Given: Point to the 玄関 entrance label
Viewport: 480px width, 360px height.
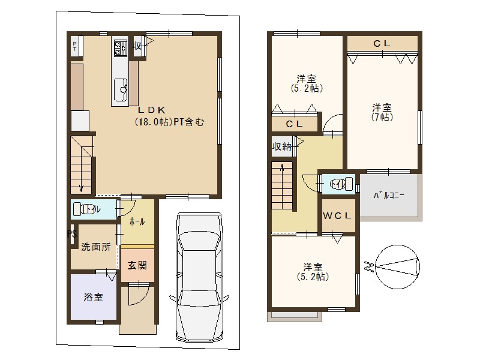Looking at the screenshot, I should tap(137, 265).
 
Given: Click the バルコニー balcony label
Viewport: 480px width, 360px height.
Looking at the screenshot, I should tap(389, 196).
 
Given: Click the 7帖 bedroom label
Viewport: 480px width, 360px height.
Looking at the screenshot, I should tap(382, 112).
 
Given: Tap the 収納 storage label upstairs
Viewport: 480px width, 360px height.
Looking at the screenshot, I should tap(282, 146).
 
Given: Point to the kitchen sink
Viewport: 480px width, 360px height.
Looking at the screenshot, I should tap(120, 90).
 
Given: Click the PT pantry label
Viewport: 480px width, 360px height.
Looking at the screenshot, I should tap(74, 47).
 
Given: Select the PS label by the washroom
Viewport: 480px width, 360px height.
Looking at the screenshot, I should tap(71, 233).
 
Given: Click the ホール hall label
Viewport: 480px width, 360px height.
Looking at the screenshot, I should tap(137, 221).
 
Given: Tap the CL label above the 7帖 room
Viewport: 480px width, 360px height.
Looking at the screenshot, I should tap(382, 43).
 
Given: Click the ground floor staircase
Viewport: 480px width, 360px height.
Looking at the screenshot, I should tap(82, 165).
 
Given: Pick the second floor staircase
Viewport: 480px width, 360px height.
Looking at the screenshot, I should tap(282, 186).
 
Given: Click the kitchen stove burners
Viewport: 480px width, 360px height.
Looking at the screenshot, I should tap(119, 47).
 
